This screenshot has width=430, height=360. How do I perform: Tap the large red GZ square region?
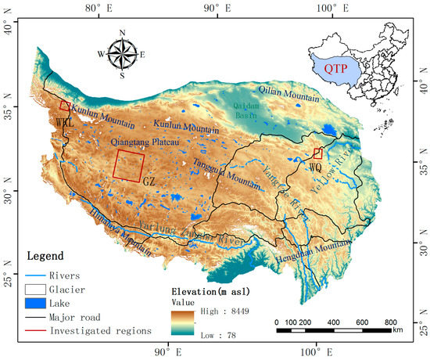(129, 164)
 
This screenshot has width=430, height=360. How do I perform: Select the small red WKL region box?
(66, 106)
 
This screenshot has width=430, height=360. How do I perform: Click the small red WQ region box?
(317, 153)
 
